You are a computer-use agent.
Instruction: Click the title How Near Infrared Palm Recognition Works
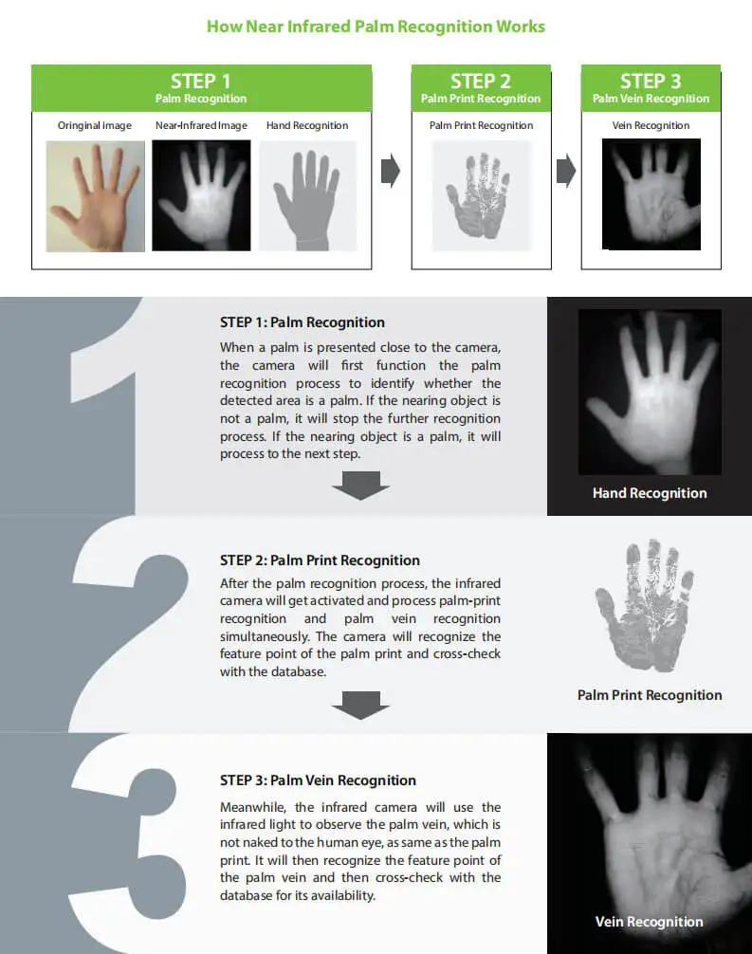coord(376,26)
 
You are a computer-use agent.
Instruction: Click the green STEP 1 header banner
coord(201,87)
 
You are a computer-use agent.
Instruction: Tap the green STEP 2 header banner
coord(481,87)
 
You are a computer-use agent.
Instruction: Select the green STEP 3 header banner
coord(651,87)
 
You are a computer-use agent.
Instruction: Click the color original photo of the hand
coord(96,196)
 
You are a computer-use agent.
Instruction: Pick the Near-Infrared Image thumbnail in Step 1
coord(201,196)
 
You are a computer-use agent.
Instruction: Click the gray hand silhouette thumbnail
coord(307,196)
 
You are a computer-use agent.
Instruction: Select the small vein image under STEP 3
coord(651,194)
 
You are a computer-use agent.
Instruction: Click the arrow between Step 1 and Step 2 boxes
coord(390,172)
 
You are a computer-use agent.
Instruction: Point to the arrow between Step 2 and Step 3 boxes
coord(565,172)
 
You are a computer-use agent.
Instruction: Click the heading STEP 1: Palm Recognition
coord(303,322)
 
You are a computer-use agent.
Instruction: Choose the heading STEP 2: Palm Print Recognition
coord(320,560)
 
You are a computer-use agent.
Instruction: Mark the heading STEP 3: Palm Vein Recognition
coord(318,780)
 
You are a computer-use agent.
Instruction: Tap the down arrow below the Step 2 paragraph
coord(360,706)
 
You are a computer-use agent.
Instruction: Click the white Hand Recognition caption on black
coord(650,493)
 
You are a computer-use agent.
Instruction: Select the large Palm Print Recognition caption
coord(650,695)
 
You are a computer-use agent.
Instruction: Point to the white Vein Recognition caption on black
coord(650,922)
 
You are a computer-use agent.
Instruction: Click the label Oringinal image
coord(96,125)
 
